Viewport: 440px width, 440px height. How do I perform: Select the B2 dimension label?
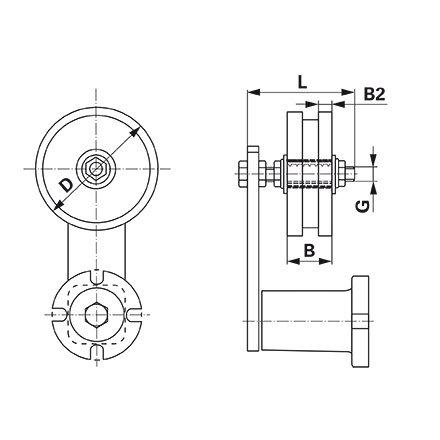373,94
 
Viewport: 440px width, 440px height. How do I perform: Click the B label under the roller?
309,248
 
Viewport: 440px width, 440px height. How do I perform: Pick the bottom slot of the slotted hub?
96,352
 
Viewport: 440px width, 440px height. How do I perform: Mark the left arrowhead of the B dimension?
291,262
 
